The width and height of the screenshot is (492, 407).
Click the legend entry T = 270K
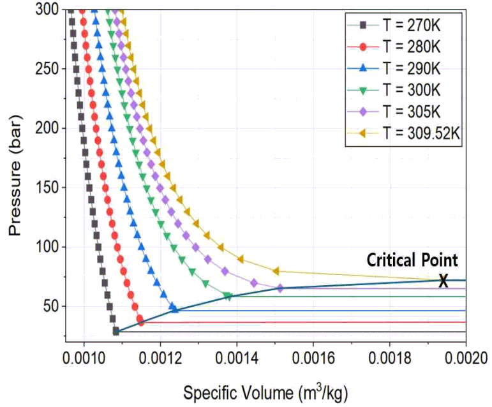coord(394,25)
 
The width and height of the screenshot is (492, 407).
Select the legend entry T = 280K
coord(394,47)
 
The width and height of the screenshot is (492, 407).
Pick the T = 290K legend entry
coord(394,68)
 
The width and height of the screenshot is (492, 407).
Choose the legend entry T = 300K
coord(394,91)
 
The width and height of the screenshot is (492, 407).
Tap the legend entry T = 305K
coord(394,112)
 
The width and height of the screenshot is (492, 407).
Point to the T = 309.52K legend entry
coord(404,133)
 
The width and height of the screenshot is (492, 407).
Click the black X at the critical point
coord(443,281)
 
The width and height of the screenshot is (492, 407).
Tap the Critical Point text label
coord(412,260)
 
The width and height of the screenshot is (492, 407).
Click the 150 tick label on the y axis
coord(47,188)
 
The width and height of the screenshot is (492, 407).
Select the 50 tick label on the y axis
coord(51,306)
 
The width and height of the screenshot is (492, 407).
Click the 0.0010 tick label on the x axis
coord(84,358)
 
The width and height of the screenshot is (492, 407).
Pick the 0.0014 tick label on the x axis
coord(237,358)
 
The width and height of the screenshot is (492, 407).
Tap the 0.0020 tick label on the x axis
coord(466,358)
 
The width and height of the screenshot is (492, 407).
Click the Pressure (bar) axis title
coord(15,175)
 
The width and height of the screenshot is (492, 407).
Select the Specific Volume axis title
coord(265,392)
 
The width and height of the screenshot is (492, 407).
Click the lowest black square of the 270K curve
coord(116,331)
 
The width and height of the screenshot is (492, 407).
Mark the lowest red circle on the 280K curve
coord(141,322)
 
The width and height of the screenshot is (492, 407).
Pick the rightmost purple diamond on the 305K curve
coord(280,288)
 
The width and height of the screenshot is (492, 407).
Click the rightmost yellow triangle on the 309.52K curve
coord(276,271)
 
